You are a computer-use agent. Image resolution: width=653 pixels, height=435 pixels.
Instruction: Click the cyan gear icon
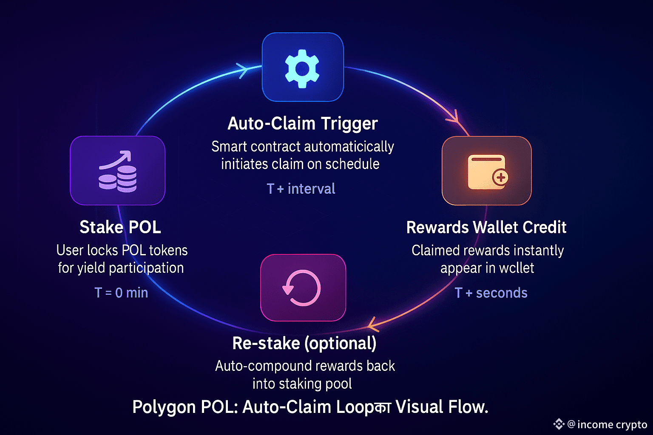click(302, 68)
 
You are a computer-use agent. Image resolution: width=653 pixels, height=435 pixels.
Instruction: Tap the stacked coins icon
click(118, 172)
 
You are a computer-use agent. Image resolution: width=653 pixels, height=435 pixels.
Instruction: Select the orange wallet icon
click(487, 172)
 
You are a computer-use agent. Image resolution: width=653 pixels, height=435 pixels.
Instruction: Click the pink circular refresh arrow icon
click(302, 288)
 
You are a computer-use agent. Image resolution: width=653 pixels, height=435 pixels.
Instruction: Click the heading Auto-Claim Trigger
click(302, 124)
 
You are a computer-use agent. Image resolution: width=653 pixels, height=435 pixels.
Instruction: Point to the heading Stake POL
click(120, 227)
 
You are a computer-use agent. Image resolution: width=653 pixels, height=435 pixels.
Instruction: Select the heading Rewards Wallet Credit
click(486, 227)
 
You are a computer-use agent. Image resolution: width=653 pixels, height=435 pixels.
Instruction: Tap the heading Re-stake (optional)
click(304, 343)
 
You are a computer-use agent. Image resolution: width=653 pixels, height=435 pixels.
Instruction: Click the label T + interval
click(301, 189)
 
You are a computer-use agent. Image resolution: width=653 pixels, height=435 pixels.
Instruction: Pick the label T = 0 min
click(121, 293)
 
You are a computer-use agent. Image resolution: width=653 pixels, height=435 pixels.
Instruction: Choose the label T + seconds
click(491, 293)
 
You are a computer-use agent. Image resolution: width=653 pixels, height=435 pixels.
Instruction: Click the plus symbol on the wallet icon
click(500, 177)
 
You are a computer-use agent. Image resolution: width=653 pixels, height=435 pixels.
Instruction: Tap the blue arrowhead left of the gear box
click(243, 70)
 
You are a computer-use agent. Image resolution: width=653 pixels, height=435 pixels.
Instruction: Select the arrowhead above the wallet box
click(454, 117)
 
